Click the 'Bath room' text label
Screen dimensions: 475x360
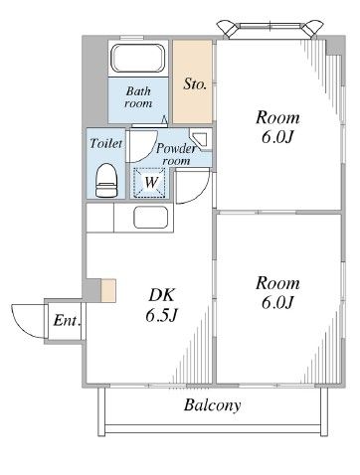138,98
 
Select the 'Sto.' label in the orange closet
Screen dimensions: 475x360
195,84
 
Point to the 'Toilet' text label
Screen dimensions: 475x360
106,143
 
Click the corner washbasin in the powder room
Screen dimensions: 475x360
199,141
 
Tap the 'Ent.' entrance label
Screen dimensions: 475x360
66,321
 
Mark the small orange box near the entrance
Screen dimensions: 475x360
107,291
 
